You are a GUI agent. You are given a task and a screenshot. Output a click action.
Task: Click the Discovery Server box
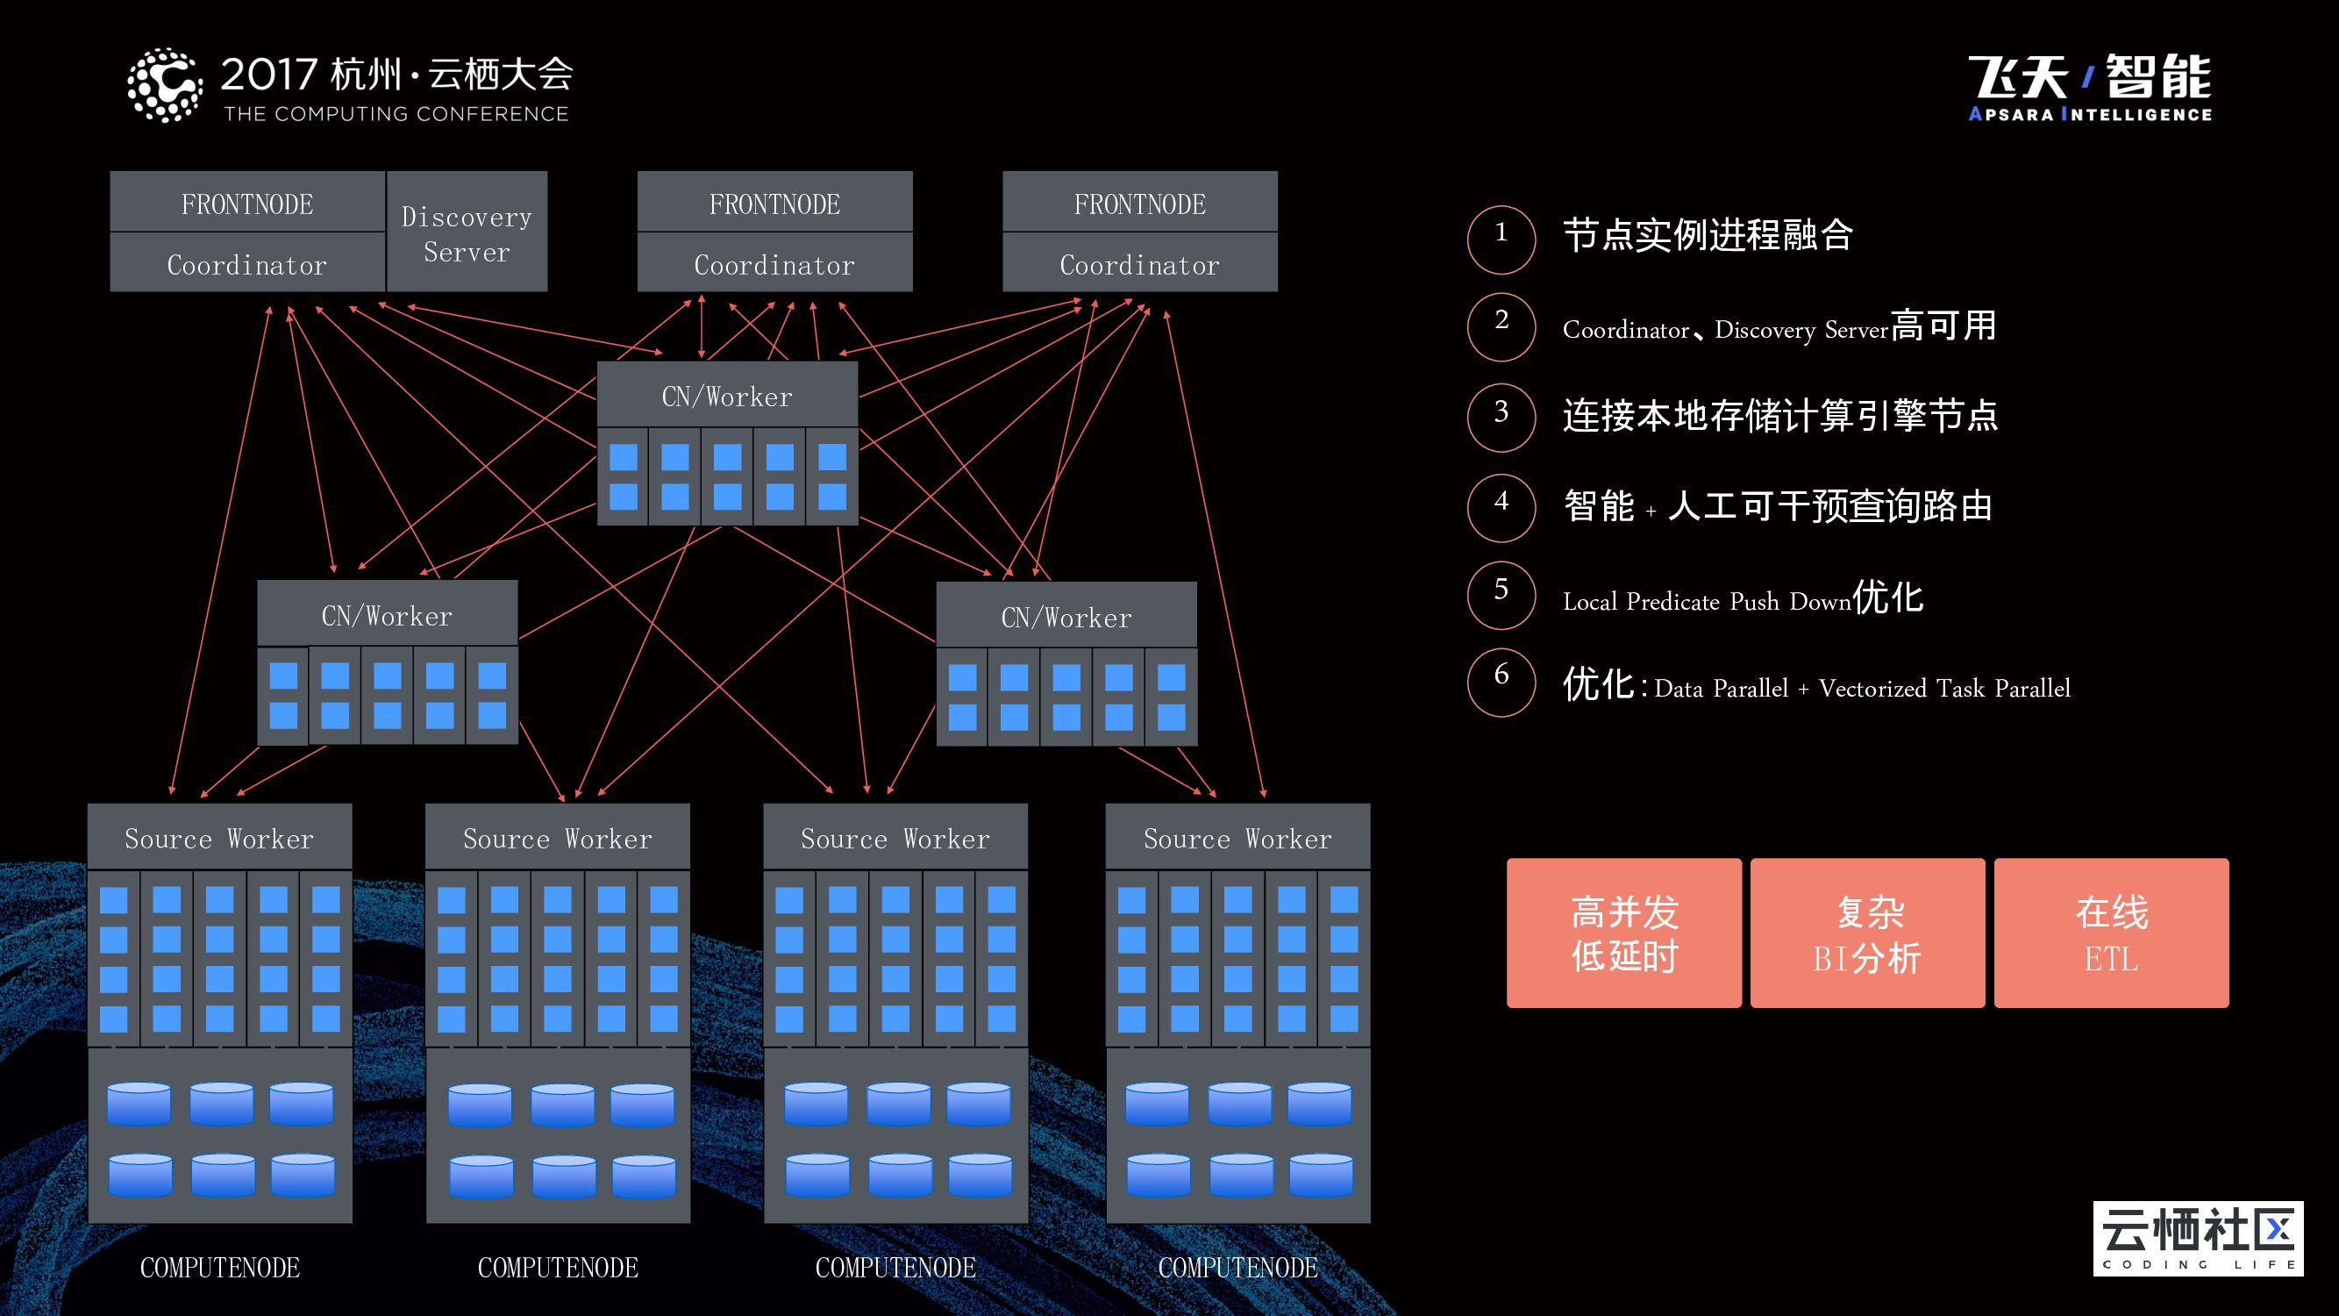[x=467, y=231]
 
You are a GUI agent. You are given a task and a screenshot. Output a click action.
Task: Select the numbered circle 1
[x=1501, y=240]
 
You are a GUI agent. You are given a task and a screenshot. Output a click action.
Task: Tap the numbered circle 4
[x=1501, y=508]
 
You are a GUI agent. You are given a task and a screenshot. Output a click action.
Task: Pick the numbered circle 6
[x=1501, y=682]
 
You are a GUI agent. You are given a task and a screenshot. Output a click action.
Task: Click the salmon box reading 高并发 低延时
[x=1623, y=933]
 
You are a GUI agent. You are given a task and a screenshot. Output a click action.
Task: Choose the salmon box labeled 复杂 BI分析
[x=1867, y=933]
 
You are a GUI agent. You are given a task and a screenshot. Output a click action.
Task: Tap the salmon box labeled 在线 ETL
[x=2111, y=933]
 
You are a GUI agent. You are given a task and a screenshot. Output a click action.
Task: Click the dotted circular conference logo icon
[x=164, y=85]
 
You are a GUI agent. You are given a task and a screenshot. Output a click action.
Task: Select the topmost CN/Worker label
[x=727, y=396]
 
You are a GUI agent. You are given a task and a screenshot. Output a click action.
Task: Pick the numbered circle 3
[x=1501, y=417]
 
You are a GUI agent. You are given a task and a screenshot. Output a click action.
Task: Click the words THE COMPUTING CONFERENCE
[x=396, y=113]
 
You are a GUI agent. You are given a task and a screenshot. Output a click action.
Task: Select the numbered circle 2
[x=1501, y=327]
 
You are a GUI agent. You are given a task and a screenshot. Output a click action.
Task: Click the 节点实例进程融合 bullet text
[x=1707, y=235]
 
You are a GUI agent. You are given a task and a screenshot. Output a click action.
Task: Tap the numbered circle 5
[x=1501, y=596]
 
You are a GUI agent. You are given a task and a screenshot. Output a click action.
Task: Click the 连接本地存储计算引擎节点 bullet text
[x=1779, y=416]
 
